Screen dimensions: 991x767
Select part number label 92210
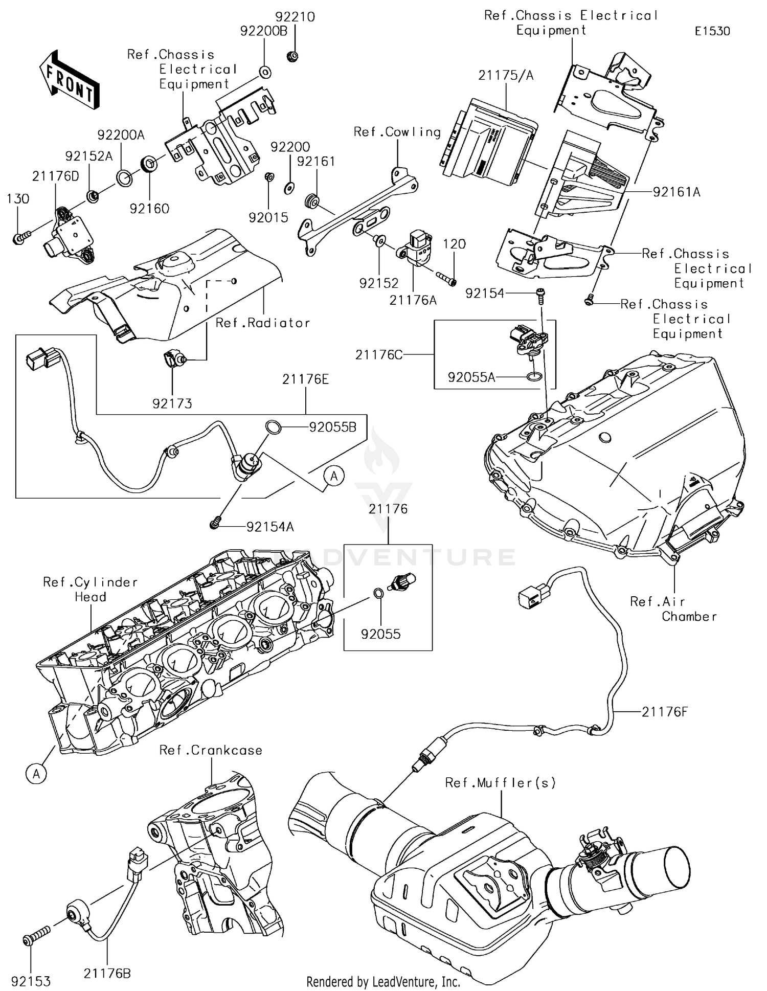click(x=296, y=17)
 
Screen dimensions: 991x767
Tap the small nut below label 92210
click(x=292, y=55)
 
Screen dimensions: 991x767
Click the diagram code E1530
click(x=712, y=31)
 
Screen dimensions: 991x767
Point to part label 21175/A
click(x=505, y=76)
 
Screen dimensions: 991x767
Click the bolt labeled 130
click(x=20, y=237)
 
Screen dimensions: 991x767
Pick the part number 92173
click(x=172, y=404)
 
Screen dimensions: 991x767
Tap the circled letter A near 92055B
click(x=334, y=476)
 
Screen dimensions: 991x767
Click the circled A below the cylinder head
click(x=36, y=774)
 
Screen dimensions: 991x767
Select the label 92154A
click(x=270, y=527)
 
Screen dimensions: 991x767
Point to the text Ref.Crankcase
click(x=211, y=750)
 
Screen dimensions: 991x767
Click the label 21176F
click(x=665, y=711)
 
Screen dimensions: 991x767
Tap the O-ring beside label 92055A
click(x=533, y=377)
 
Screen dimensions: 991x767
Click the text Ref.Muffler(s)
click(x=500, y=782)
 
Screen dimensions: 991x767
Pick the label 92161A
click(x=676, y=192)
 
